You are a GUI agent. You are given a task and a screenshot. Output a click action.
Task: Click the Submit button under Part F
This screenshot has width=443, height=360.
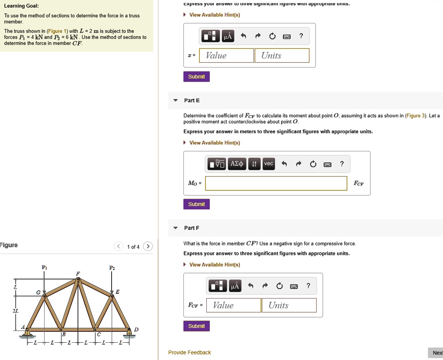[x=197, y=326]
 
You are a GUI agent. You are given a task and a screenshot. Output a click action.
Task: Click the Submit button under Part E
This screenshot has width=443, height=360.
[x=197, y=204]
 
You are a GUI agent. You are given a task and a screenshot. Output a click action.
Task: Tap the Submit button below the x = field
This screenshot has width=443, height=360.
[x=196, y=77]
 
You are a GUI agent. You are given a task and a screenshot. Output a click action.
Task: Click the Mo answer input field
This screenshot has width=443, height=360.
[x=276, y=183]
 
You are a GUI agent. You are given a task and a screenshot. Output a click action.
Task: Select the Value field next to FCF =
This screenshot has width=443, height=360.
[x=234, y=305]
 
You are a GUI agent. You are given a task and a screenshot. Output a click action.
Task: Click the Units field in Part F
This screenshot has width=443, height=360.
[x=289, y=305]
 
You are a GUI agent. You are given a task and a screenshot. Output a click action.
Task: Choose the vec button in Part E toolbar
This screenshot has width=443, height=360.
[x=269, y=164]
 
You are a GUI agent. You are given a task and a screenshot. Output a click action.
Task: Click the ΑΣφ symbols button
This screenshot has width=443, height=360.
[x=237, y=164]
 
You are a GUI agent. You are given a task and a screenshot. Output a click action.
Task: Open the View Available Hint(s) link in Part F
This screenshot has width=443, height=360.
[x=215, y=265]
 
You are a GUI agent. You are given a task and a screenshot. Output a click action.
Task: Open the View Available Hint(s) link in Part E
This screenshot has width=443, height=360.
[x=215, y=143]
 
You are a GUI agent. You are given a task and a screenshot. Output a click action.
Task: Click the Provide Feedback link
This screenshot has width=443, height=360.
[x=189, y=353]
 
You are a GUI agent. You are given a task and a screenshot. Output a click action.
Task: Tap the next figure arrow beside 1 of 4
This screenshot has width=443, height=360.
[x=148, y=247]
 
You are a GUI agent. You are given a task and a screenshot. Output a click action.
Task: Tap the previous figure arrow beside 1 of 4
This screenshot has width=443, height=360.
[x=118, y=247]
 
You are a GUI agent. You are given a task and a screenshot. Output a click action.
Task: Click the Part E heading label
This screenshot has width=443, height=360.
[x=192, y=100]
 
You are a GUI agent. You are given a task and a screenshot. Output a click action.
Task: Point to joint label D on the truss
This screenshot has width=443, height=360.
[x=136, y=330]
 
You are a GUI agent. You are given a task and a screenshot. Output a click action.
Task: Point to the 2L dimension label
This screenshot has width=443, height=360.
[x=16, y=311]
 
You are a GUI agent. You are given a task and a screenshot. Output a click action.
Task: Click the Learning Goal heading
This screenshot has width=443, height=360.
[x=21, y=6]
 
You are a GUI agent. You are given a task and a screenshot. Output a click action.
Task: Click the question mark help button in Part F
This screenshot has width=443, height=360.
[x=308, y=286]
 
